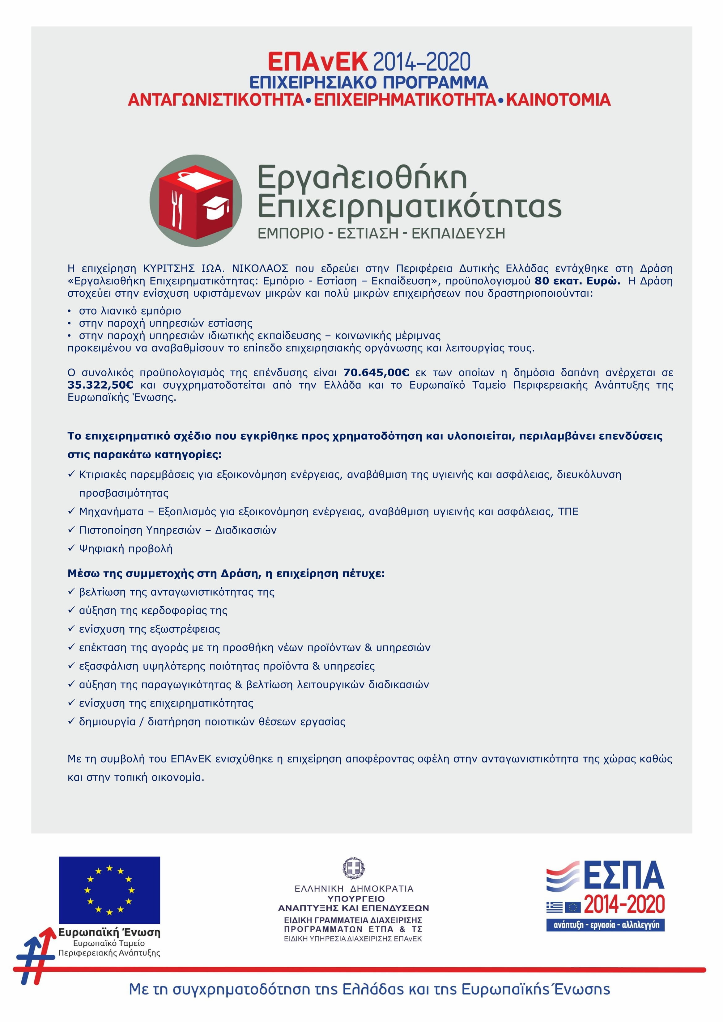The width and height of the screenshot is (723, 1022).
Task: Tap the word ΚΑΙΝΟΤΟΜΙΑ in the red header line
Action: [558, 100]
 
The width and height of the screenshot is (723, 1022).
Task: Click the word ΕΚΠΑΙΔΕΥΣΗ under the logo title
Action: [458, 233]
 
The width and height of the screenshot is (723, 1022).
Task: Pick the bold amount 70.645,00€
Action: [376, 373]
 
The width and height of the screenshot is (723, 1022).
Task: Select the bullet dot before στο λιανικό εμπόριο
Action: [70, 311]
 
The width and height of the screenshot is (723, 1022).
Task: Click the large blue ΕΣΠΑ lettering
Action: [623, 876]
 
